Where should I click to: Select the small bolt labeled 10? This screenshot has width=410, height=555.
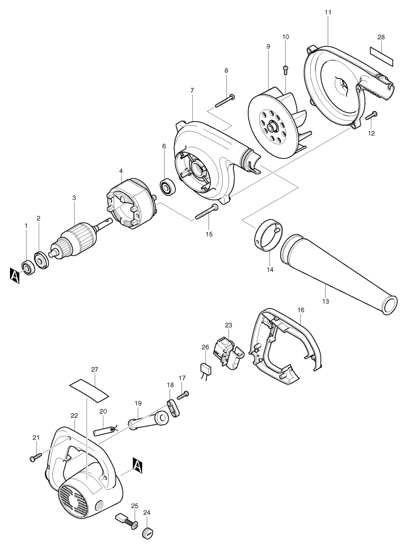coord(286,69)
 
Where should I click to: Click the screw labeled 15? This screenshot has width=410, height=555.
coord(206,212)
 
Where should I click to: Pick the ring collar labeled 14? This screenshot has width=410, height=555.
coord(267,235)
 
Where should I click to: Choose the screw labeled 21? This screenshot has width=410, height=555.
coord(36,457)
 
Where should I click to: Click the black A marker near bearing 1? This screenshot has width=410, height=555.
coord(15,276)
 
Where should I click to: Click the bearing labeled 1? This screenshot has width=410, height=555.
coord(29,267)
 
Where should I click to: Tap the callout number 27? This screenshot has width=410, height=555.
coord(95,370)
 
